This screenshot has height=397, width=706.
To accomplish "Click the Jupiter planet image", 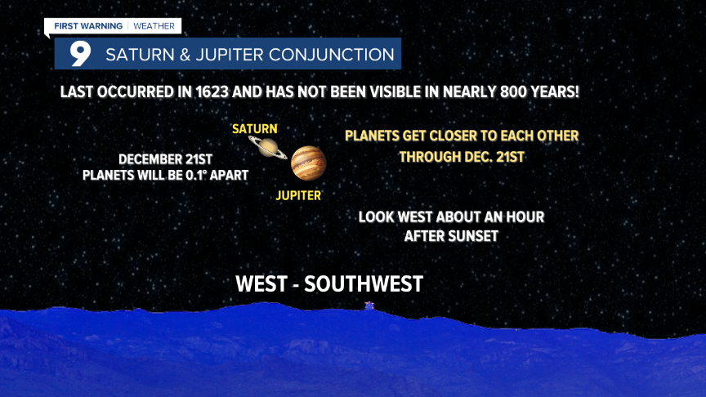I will pos(308,163).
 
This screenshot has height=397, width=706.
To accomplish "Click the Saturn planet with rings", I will pos(266,147).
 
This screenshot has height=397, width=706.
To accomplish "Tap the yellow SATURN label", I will pos(255,129).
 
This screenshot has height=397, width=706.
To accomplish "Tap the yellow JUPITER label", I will pos(298,195).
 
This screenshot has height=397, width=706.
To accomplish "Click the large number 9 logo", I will pos(79,55).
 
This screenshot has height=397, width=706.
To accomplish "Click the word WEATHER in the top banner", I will pos(154,26).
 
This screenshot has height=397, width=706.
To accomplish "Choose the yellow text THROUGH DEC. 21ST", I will pos(462,156).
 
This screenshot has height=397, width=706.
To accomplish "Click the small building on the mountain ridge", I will pos(369,306).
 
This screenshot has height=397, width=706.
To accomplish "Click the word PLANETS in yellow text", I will pos(373,136).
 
